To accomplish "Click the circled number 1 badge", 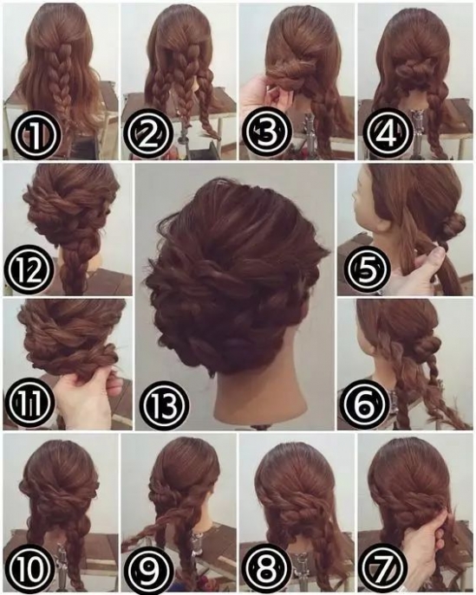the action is (36, 134).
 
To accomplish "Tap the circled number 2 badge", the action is (149, 134).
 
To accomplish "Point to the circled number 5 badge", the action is (366, 270).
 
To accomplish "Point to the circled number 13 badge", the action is (164, 404).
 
